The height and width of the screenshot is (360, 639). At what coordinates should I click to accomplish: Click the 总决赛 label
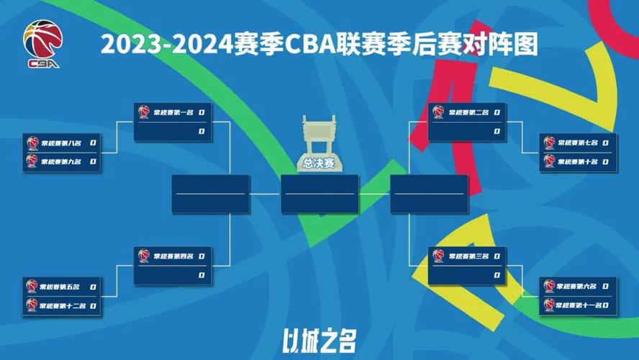[x=319, y=163]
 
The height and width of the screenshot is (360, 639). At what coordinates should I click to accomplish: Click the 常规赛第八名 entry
[x=60, y=143]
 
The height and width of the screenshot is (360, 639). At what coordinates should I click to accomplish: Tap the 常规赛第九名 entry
[x=60, y=161]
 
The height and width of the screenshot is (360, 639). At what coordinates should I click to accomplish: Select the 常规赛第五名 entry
[x=60, y=287]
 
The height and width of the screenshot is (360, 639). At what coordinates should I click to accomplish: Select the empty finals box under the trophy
[x=319, y=194]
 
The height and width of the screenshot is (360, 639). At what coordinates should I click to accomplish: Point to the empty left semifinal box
[x=210, y=194]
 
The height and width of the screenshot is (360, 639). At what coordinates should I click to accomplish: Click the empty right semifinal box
[x=429, y=194]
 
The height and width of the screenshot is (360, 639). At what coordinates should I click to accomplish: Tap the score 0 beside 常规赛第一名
[x=202, y=112]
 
